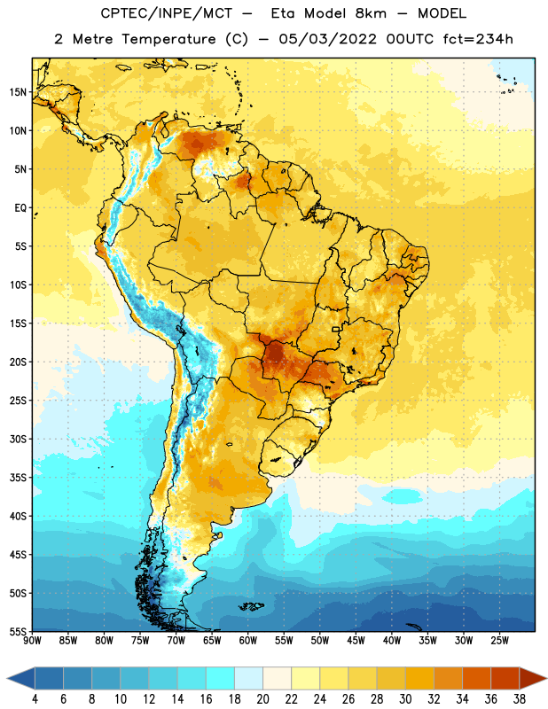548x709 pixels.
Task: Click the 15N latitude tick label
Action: point(18,92)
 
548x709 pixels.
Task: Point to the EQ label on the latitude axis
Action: point(20,208)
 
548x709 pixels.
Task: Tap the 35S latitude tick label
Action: point(18,478)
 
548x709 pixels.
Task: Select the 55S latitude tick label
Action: point(18,631)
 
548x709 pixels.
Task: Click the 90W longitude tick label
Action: point(32,641)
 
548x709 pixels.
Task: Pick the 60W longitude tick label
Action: point(248,641)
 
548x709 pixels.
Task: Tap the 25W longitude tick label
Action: point(499,641)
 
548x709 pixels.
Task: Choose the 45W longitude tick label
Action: point(356,641)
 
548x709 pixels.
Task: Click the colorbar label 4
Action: point(35,699)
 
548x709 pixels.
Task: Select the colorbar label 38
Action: point(519,699)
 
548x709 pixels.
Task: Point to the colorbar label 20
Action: point(262,699)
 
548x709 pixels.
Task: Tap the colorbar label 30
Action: point(405,699)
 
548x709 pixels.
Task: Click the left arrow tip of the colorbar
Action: point(7,679)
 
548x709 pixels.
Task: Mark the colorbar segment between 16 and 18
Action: point(221,679)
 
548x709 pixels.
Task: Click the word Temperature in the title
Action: point(168,39)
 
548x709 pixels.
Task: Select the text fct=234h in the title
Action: point(478,39)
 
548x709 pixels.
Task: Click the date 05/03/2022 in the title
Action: point(327,39)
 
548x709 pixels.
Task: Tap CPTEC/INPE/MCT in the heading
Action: point(166,13)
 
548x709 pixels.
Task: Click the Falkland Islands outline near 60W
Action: point(252,606)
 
